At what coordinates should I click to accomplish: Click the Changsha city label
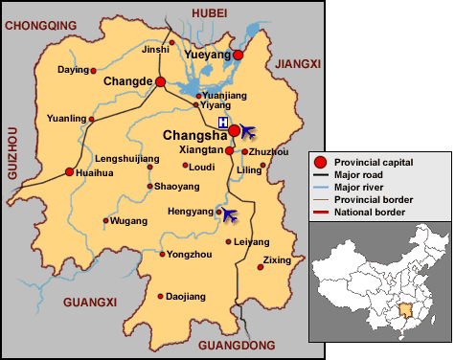(x=194, y=135)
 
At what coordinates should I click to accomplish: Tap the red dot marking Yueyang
(x=239, y=55)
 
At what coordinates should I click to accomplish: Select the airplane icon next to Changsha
(x=247, y=130)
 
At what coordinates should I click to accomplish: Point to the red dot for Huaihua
(x=69, y=172)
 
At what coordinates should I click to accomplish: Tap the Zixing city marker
(x=259, y=267)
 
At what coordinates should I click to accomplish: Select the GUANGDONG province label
(x=236, y=345)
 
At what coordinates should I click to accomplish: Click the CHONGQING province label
(x=41, y=27)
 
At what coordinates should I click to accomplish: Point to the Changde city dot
(x=161, y=82)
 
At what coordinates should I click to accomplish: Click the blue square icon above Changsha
(x=222, y=123)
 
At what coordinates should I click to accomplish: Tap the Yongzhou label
(x=189, y=255)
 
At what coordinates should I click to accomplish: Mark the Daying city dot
(x=94, y=70)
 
